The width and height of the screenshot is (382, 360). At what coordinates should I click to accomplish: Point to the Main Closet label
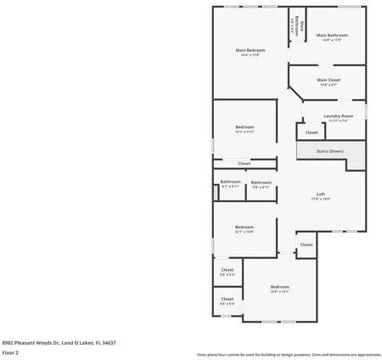coord(329,80)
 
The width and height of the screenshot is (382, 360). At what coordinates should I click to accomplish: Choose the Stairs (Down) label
coord(329,151)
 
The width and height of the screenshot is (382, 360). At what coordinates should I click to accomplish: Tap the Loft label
coord(321,194)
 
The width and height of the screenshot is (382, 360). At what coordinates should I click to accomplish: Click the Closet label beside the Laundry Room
coord(312,132)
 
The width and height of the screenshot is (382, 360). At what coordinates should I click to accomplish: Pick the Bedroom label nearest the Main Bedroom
coord(244,127)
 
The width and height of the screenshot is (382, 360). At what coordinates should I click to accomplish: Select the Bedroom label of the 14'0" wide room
coord(280,287)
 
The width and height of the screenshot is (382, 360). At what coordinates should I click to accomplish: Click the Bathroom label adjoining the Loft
coord(261,182)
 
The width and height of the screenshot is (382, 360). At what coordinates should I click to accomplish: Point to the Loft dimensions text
coord(321,199)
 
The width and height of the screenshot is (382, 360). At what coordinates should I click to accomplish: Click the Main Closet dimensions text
coord(329,85)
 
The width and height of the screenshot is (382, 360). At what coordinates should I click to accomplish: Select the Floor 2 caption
coord(10,352)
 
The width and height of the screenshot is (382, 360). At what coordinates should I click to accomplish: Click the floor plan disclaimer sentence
coord(289,354)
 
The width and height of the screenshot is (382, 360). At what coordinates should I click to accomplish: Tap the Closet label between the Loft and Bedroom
coord(306,245)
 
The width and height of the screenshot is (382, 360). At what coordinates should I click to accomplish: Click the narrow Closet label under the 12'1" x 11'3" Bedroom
coord(244,163)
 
